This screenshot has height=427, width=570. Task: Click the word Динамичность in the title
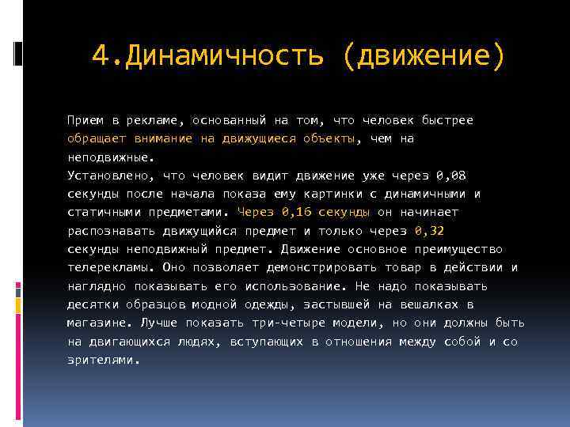click(224, 56)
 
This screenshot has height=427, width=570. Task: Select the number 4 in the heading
click(99, 56)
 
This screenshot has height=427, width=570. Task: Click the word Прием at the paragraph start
click(84, 120)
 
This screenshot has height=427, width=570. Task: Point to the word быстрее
click(447, 120)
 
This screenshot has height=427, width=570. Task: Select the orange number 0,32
click(428, 231)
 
